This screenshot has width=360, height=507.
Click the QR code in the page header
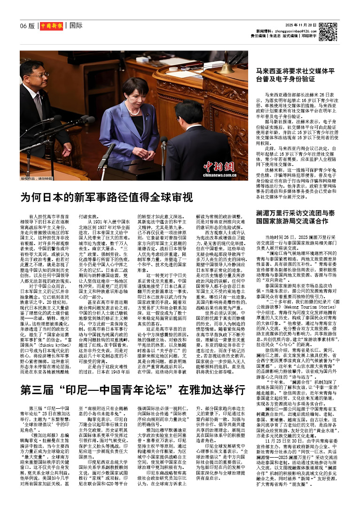[328, 31]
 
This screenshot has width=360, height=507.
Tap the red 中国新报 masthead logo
[50, 25]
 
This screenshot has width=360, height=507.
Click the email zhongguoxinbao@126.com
[291, 30]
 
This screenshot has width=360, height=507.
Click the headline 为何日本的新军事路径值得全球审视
[106, 196]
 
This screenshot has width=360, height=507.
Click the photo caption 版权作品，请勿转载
[35, 179]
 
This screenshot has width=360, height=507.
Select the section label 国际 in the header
[76, 25]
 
